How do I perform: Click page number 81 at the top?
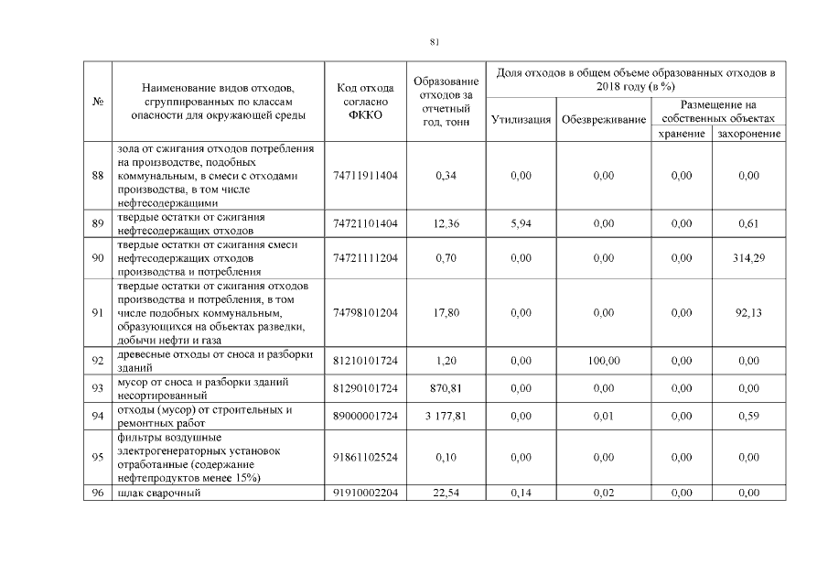point(435,41)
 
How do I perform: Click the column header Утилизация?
point(521,119)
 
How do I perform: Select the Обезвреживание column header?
point(603,119)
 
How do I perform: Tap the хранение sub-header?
point(681,134)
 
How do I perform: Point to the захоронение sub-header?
point(748,134)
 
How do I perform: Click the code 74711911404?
point(367,175)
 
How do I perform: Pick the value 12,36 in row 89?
point(446,222)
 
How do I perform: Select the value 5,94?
point(521,222)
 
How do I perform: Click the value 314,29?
point(748,258)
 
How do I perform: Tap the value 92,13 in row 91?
point(748,312)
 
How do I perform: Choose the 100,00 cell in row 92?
point(603,361)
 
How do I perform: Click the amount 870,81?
point(446,388)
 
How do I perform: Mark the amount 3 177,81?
point(446,416)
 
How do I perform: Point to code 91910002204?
point(367,494)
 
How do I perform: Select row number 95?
point(97,457)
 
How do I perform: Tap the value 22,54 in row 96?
point(446,494)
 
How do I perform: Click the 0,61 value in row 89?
point(748,222)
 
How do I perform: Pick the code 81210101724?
point(367,361)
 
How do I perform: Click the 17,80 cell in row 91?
point(446,312)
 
